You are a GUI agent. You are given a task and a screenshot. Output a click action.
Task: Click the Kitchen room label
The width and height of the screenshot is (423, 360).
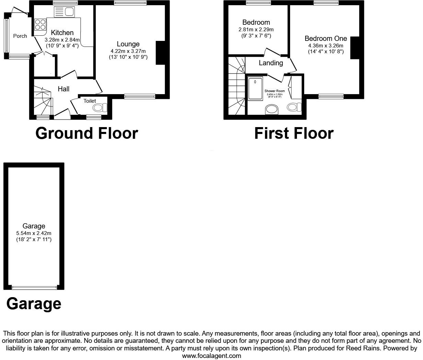pos(62,33)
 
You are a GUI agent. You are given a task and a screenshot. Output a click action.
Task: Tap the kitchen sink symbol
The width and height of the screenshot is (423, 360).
pos(64,12)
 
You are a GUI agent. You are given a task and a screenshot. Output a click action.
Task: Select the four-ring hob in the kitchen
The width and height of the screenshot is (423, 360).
pos(40,25)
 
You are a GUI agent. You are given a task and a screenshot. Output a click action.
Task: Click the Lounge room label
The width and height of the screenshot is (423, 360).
pos(128,44)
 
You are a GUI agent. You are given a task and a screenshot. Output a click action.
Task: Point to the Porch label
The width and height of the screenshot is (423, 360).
pos(20,36)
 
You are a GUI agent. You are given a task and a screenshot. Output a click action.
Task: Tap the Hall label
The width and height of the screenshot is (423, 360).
pos(64,89)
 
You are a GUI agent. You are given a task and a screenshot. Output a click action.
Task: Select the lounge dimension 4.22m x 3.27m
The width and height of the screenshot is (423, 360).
pos(128,51)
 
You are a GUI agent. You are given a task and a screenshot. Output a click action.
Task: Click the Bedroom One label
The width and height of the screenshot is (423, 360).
pos(325,38)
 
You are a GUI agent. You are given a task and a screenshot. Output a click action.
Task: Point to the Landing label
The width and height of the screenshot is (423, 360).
pos(271,63)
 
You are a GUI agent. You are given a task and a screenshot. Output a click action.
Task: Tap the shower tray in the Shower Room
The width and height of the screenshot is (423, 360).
pos(255,88)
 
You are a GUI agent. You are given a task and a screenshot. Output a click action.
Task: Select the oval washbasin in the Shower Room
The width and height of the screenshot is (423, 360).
pos(273,110)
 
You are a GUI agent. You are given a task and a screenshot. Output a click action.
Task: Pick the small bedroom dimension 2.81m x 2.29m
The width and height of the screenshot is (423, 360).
pos(256,30)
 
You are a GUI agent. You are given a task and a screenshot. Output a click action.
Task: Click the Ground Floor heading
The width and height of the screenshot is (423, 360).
pos(87,133)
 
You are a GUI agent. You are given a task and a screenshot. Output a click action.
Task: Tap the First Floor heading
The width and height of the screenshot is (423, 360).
pos(294,133)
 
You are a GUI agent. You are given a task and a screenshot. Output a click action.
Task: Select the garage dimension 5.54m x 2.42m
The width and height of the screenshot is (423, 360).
pos(34,233)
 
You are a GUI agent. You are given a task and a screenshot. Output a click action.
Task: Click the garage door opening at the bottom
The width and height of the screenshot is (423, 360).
pos(34,287)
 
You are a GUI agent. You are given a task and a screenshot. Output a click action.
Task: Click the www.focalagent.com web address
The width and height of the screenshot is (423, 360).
pos(211,356)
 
